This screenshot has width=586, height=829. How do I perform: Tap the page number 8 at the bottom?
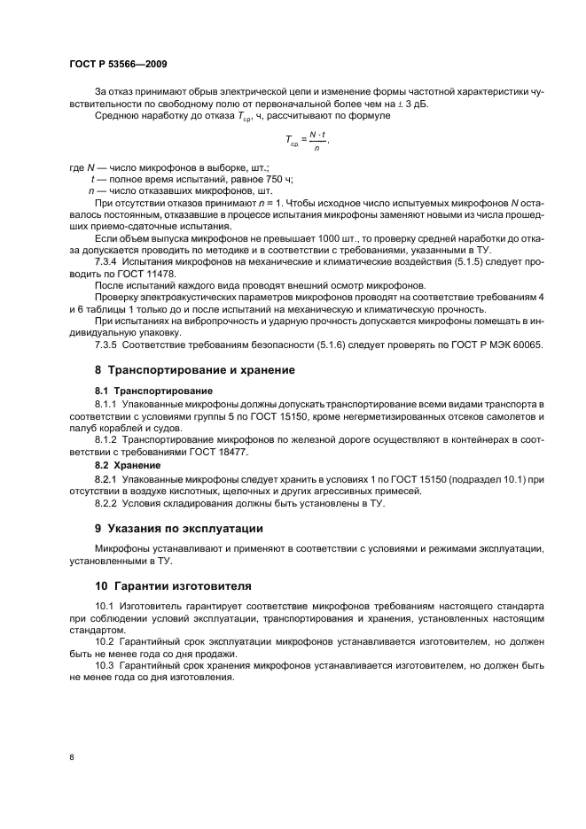(x=72, y=757)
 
